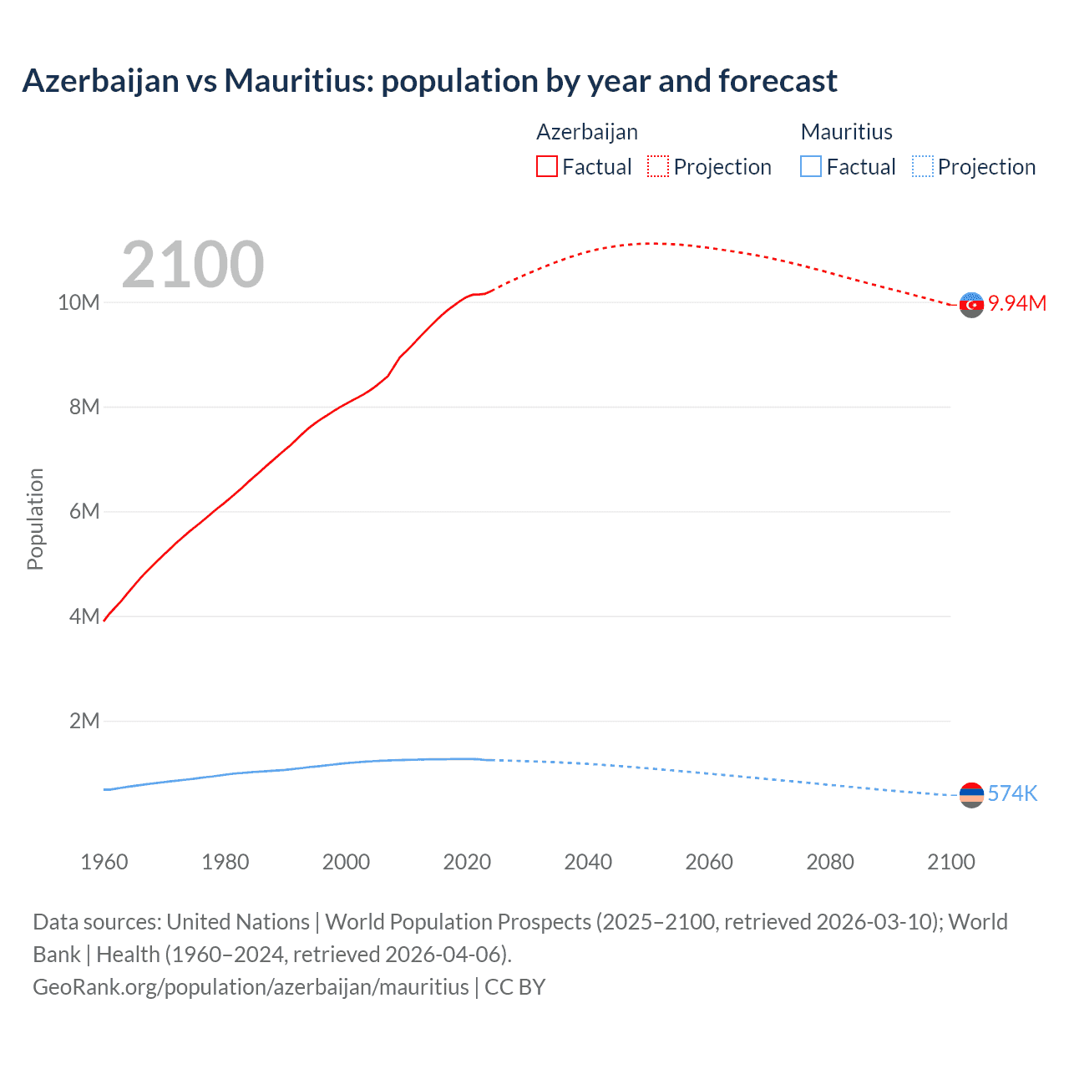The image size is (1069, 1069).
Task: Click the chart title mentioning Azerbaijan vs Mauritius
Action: coord(429,81)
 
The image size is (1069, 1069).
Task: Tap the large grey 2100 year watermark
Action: coord(193,265)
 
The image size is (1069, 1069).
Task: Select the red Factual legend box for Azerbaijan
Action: coord(546,166)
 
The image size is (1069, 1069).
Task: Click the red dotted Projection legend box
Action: coord(658,166)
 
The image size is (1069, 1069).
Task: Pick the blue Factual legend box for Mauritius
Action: coord(810,166)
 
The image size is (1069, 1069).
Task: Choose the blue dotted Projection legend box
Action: coord(922,166)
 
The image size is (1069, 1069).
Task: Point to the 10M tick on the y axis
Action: coord(79,302)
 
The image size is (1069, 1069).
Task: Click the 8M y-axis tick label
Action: coord(84,407)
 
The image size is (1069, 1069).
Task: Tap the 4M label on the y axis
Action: coord(84,616)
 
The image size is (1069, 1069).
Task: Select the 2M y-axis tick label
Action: coord(84,721)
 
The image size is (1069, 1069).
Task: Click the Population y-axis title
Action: coord(35,519)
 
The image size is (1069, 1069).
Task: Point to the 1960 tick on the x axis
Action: coord(104,862)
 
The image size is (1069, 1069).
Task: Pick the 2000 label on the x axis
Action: coord(346,862)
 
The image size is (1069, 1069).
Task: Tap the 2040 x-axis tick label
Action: coord(588,862)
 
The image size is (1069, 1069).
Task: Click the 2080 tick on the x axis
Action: coord(830,862)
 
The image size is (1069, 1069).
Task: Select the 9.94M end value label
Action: coord(1017,303)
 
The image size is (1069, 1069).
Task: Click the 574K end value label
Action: coord(1012,793)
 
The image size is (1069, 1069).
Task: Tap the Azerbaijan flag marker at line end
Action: coord(971,305)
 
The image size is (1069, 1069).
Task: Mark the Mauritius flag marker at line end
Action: coord(971,795)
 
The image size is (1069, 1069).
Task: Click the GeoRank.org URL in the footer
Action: coord(251,986)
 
